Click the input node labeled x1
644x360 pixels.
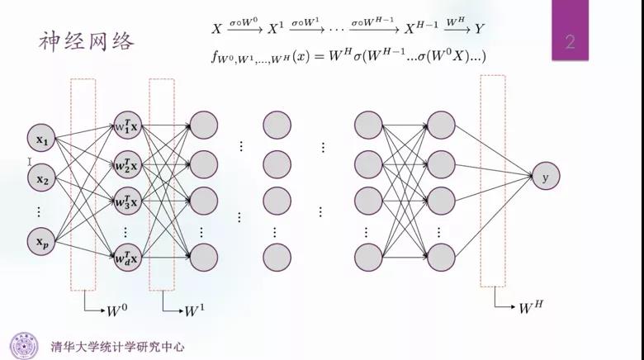click(x=41, y=138)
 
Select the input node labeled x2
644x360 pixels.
click(x=41, y=178)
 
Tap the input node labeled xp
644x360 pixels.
click(x=41, y=242)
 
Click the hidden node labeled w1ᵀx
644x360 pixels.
click(x=128, y=126)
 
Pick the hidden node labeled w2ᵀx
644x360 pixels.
click(x=128, y=164)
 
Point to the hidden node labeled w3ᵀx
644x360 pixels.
click(x=128, y=201)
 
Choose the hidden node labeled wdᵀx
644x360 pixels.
click(x=128, y=258)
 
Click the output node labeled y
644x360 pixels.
click(x=546, y=176)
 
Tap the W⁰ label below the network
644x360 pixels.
click(x=117, y=310)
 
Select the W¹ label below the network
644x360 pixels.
click(x=195, y=310)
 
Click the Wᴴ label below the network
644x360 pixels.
click(x=531, y=307)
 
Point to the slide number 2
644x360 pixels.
click(x=570, y=42)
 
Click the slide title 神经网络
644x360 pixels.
click(x=87, y=41)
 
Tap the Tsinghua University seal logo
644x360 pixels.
click(x=24, y=346)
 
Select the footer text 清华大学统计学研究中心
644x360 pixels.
click(x=118, y=347)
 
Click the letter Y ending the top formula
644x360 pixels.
click(x=480, y=28)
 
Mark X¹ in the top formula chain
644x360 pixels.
click(x=276, y=28)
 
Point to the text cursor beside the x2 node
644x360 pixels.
click(x=30, y=162)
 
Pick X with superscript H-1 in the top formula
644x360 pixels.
click(x=421, y=27)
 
